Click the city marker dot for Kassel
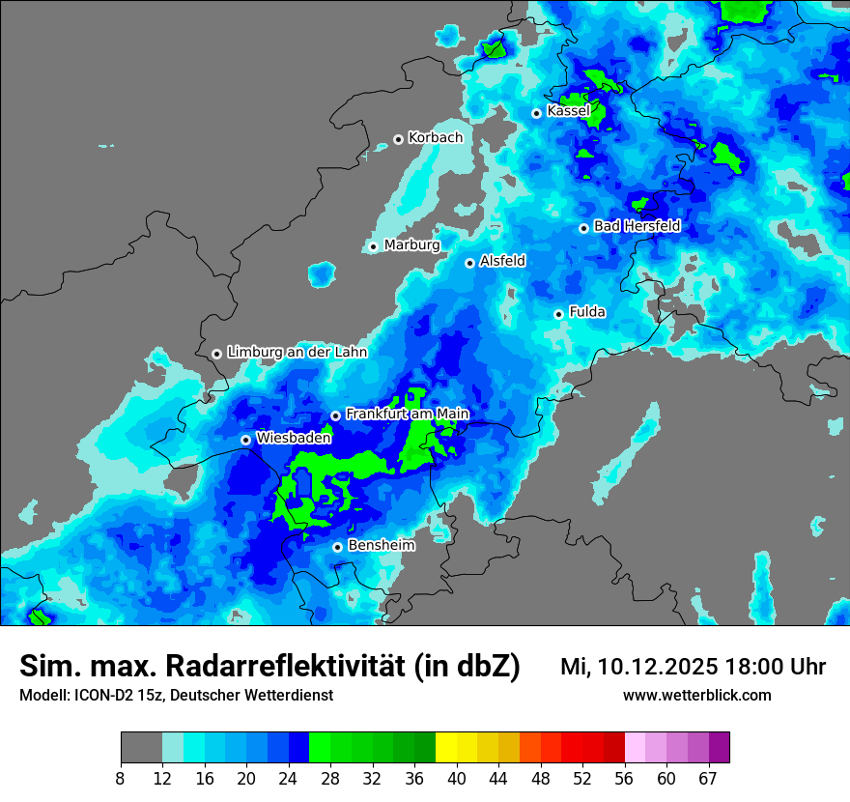tap(536, 113)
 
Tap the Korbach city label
tap(436, 138)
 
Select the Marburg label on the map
tap(411, 245)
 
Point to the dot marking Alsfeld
tap(469, 263)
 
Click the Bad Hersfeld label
tap(637, 227)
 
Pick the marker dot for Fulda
tap(558, 314)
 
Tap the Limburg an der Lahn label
tap(297, 353)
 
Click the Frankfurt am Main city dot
tap(335, 415)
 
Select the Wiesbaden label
tap(294, 438)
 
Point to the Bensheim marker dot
tap(337, 547)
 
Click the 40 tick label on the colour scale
tap(456, 779)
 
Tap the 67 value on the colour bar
tap(708, 779)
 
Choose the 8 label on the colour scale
tap(121, 779)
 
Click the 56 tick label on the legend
tap(624, 779)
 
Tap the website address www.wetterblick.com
tap(696, 695)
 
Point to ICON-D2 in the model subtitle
tap(101, 695)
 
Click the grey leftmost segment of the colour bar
tap(141, 748)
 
